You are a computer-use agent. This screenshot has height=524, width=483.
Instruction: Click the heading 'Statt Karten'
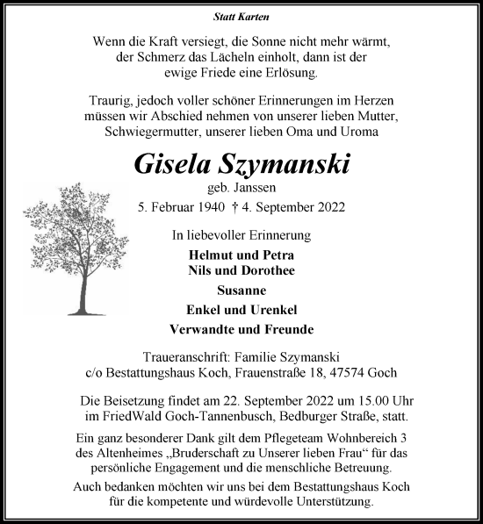pyautogui.click(x=241, y=17)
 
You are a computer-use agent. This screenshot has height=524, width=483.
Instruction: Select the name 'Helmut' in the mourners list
pyautogui.click(x=209, y=254)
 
